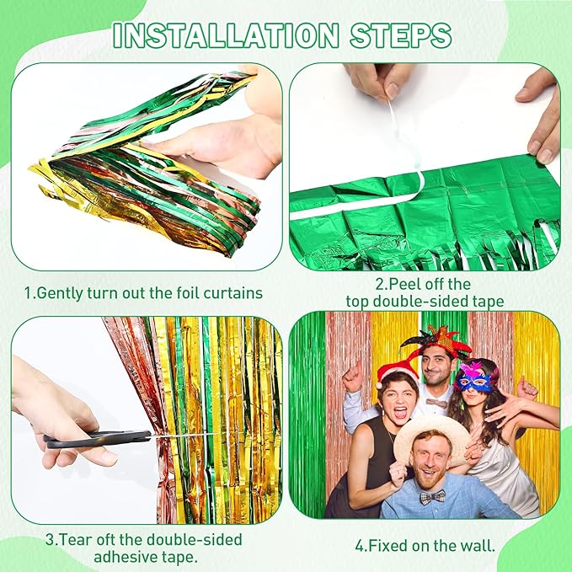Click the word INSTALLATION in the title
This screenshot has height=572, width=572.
pyautogui.click(x=226, y=35)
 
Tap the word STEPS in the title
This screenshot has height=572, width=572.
pyautogui.click(x=401, y=35)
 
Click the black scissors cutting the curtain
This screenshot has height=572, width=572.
pyautogui.click(x=98, y=439)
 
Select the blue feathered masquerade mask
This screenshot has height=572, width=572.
pyautogui.click(x=474, y=378)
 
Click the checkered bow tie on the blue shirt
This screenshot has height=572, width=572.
pyautogui.click(x=433, y=497)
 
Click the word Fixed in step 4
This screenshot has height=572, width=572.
pyautogui.click(x=388, y=546)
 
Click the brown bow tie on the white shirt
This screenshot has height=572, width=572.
pyautogui.click(x=436, y=404)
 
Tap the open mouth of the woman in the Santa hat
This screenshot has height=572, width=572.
pyautogui.click(x=400, y=412)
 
